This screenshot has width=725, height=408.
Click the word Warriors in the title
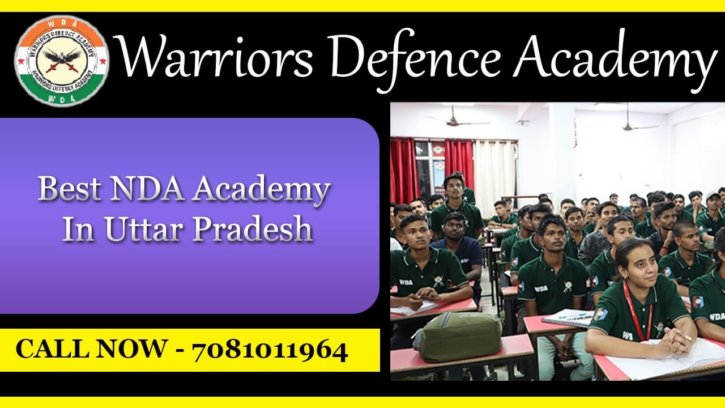click(215, 56)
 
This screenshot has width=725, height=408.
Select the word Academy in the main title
click(615, 61)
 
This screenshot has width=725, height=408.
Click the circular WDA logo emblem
click(62, 61)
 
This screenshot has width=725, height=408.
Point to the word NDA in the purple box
click(147, 189)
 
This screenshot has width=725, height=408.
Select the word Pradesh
click(253, 229)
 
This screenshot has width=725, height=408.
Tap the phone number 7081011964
click(270, 350)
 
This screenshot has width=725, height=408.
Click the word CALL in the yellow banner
click(52, 350)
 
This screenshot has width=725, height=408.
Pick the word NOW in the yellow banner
click(130, 350)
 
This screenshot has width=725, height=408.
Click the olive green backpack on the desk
click(458, 337)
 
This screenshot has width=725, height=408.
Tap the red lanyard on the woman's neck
click(637, 311)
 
